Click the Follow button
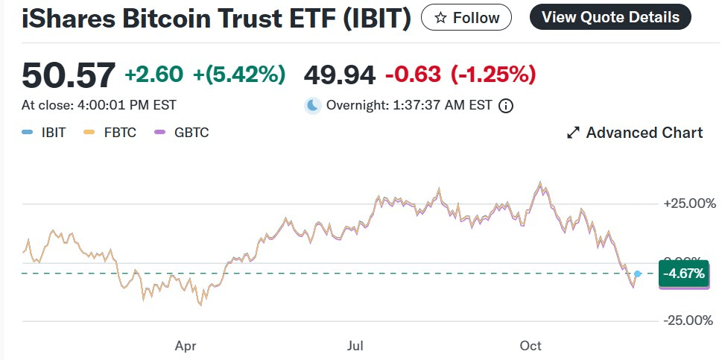point(466,17)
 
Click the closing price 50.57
point(69,75)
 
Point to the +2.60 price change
point(153,74)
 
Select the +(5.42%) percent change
point(239,74)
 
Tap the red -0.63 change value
point(414,74)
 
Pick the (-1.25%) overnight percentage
point(493,74)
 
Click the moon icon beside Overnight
point(313,105)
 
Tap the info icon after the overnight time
point(506,106)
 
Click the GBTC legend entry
point(183,133)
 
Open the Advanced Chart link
point(635,133)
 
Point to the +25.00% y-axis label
point(689,203)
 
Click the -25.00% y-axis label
point(689,320)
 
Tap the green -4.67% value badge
point(683,274)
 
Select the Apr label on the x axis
point(186,345)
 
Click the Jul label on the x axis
point(355,345)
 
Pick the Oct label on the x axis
point(531,345)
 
